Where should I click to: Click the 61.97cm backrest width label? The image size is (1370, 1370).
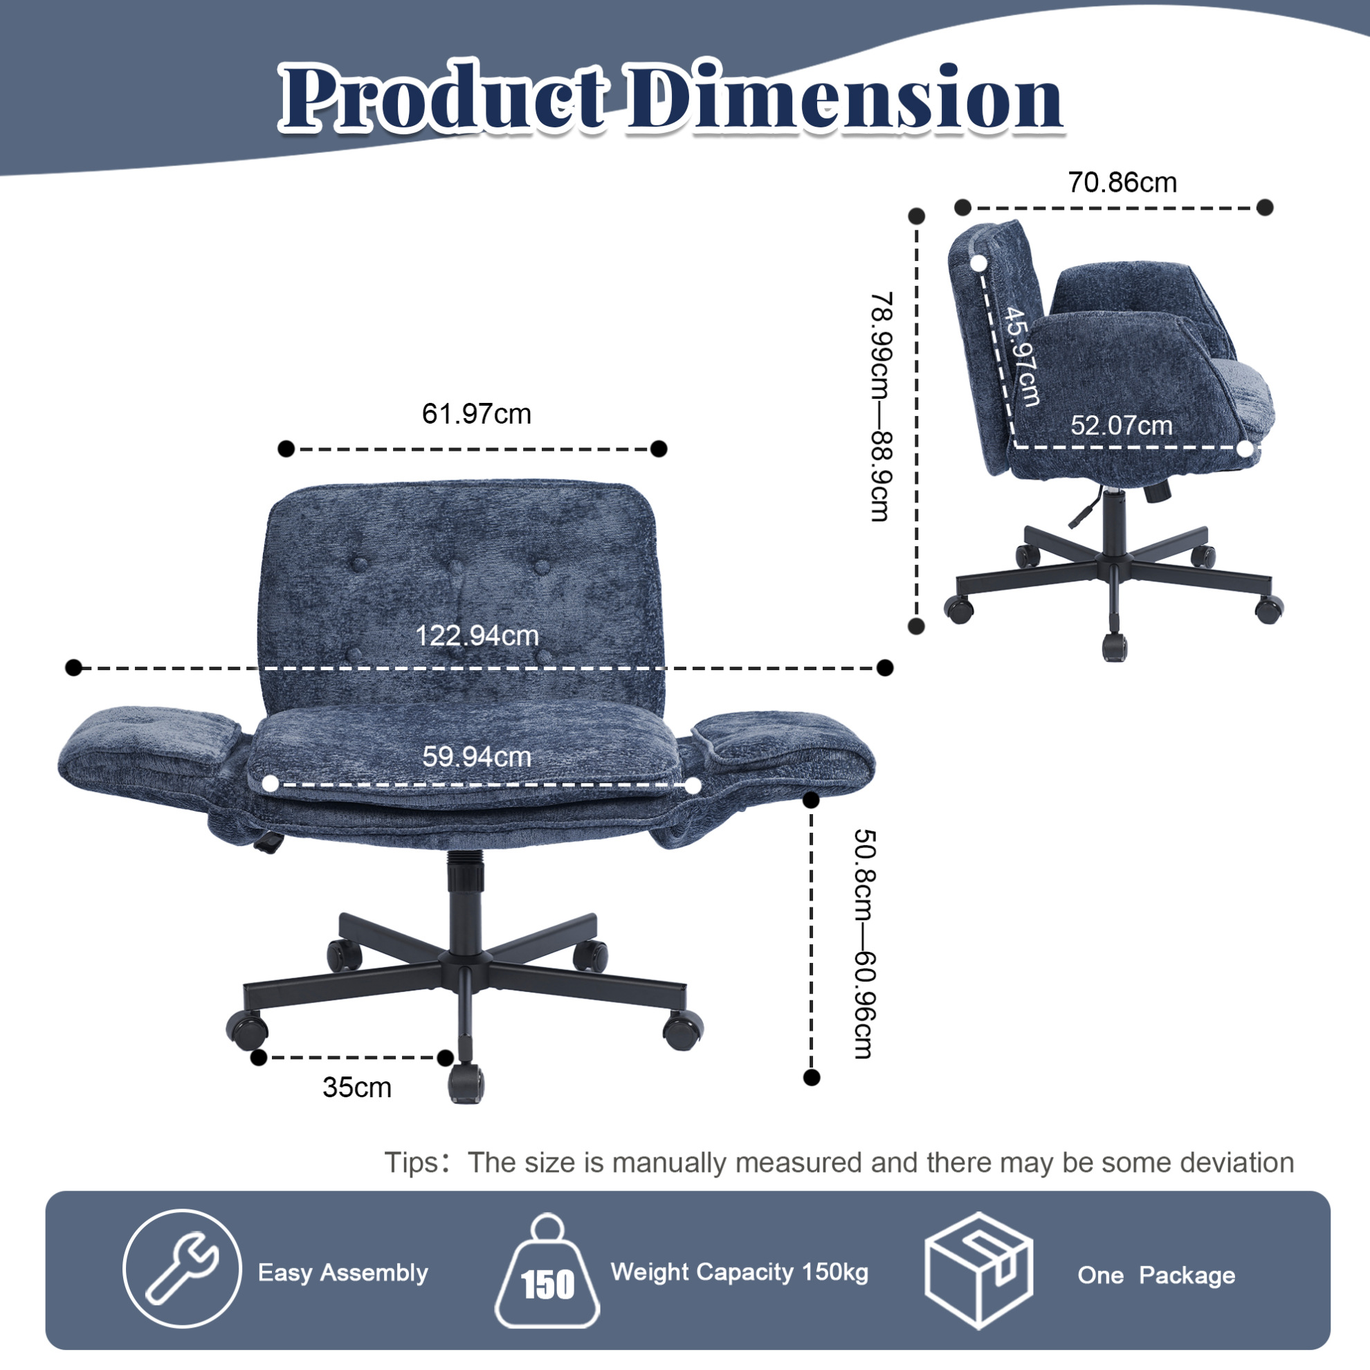pyautogui.click(x=477, y=413)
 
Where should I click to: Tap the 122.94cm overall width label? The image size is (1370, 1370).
pyautogui.click(x=477, y=636)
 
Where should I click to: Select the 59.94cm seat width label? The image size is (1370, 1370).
pyautogui.click(x=477, y=757)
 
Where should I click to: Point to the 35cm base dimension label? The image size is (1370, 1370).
pyautogui.click(x=356, y=1088)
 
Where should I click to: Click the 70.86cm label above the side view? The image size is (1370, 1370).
pyautogui.click(x=1122, y=182)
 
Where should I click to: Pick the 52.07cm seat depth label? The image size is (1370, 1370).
pyautogui.click(x=1122, y=426)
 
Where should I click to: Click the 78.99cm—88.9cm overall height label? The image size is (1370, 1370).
pyautogui.click(x=882, y=406)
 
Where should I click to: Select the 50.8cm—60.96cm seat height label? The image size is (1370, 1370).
pyautogui.click(x=864, y=944)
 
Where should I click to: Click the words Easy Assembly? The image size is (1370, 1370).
pyautogui.click(x=343, y=1273)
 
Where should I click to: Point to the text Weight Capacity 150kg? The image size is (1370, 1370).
pyautogui.click(x=740, y=1272)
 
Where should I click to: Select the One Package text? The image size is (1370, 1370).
pyautogui.click(x=1157, y=1275)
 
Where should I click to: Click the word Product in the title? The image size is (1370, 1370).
pyautogui.click(x=444, y=98)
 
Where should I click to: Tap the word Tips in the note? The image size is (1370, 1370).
pyautogui.click(x=411, y=1164)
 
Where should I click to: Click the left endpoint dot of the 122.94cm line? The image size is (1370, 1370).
pyautogui.click(x=73, y=667)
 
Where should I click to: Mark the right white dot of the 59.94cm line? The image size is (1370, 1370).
pyautogui.click(x=693, y=786)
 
